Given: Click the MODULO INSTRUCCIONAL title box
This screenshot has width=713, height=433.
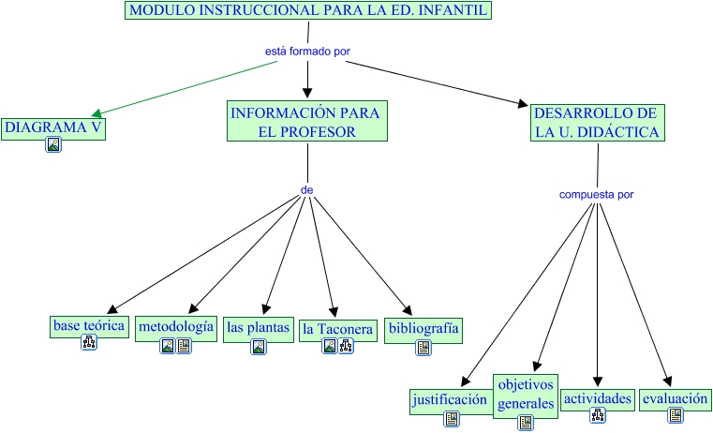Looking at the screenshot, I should (x=308, y=11).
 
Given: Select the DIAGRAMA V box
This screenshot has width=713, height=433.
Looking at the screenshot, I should (x=52, y=127).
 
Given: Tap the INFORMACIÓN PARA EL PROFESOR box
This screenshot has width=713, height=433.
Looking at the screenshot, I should (x=307, y=122).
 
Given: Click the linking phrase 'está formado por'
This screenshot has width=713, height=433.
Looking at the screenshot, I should (x=308, y=52).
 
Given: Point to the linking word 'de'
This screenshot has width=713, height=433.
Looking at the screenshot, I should (x=306, y=189).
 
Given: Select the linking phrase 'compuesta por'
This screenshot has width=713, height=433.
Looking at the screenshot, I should (x=596, y=195).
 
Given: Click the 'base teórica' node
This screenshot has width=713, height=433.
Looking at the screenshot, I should (x=89, y=326).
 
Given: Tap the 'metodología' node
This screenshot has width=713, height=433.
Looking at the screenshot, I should (x=175, y=326).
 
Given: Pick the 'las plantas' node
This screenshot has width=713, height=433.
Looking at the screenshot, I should (x=258, y=328).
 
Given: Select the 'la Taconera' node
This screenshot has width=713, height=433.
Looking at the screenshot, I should (x=337, y=329).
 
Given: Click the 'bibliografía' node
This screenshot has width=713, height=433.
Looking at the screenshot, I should (x=423, y=328).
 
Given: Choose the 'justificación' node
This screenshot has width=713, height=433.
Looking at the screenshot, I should (x=451, y=400).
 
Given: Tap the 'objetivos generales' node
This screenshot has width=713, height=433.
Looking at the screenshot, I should (x=526, y=394).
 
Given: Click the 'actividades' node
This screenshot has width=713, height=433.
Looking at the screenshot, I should (x=597, y=398).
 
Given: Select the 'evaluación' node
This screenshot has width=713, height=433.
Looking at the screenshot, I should (x=675, y=398).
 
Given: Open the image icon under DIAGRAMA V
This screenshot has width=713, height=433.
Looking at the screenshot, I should (x=53, y=145).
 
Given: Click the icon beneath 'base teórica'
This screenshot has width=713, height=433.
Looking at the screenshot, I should (x=89, y=343).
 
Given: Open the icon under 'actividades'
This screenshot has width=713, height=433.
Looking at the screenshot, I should (x=597, y=416).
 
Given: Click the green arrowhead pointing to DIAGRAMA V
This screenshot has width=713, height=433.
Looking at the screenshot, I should (x=96, y=112).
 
